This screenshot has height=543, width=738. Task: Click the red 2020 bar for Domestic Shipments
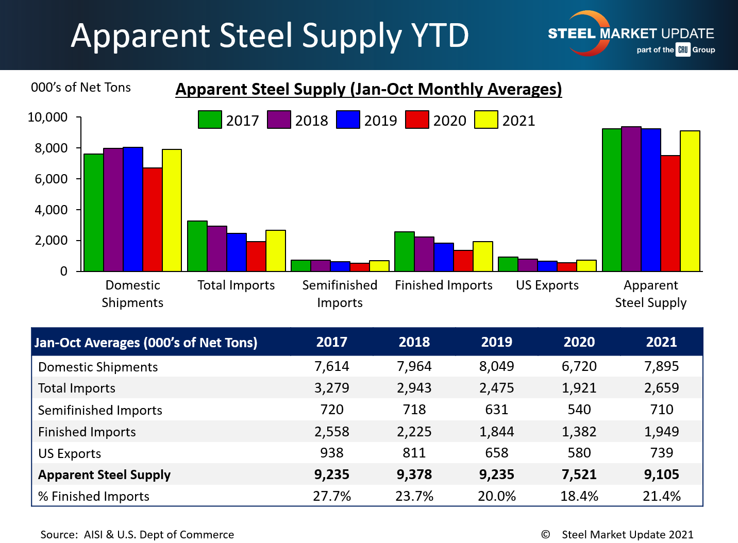153,219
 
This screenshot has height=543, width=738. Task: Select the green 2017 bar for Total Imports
197,246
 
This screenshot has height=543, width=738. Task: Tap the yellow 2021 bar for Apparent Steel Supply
690,201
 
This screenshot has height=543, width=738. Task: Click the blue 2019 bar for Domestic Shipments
133,209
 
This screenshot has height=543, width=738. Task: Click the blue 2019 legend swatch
348,120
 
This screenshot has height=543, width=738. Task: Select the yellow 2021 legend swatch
486,120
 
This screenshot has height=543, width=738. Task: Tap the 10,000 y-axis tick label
47,117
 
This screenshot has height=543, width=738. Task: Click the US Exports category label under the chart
547,285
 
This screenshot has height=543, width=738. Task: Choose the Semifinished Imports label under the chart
340,294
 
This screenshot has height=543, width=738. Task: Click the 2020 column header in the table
579,342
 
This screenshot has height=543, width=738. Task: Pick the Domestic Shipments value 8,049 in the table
497,366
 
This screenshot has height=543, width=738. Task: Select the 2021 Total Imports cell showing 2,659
662,388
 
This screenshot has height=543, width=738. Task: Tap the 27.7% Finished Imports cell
332,496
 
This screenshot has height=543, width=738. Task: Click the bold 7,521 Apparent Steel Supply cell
579,474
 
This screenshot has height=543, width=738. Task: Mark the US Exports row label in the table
70,453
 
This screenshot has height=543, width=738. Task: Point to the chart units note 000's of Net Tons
81,88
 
